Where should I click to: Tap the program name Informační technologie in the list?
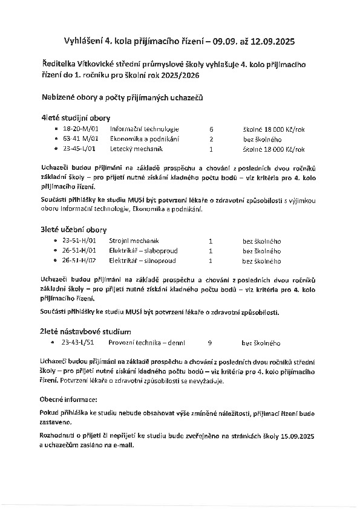(x=144, y=129)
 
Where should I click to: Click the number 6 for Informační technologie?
(x=211, y=129)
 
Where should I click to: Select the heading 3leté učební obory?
(x=74, y=230)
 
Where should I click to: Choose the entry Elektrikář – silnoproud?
(x=142, y=261)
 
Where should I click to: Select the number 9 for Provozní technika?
(x=209, y=343)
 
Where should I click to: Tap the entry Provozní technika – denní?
(x=148, y=343)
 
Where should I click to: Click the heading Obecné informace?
(x=72, y=400)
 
